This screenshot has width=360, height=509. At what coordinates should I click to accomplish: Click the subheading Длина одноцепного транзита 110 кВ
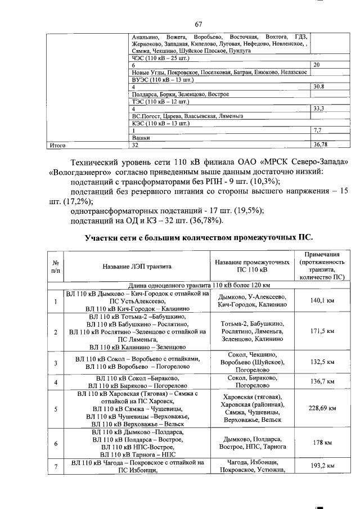200,285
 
